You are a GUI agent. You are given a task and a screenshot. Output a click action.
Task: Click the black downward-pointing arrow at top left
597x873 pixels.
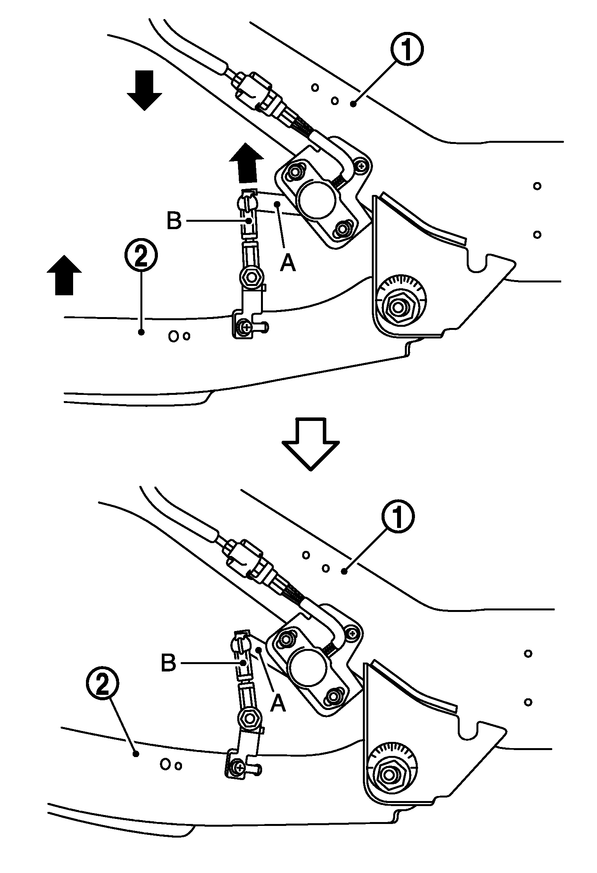point(144,90)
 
